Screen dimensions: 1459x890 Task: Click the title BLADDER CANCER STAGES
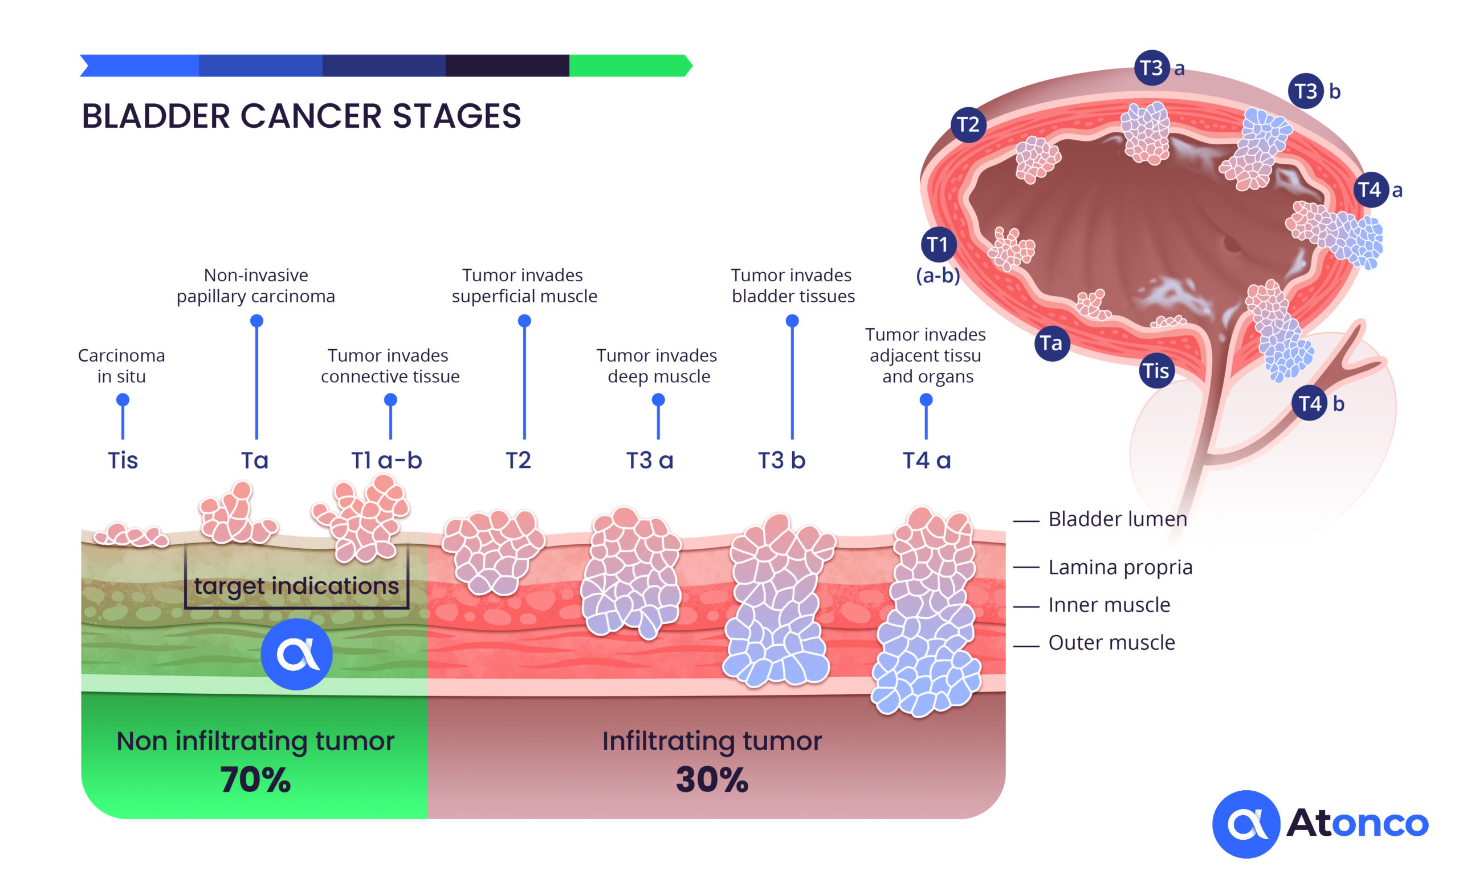point(301,116)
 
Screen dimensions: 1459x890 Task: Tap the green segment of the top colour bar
point(630,66)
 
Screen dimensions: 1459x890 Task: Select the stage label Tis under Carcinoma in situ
point(123,460)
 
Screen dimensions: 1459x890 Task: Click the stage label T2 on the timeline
point(518,460)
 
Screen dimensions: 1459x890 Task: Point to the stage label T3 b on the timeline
point(781,460)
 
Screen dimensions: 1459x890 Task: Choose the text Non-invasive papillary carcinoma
point(256,286)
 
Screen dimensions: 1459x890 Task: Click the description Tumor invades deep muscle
point(657,366)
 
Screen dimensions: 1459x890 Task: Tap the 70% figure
point(255,779)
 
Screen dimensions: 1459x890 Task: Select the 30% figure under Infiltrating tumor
point(712,779)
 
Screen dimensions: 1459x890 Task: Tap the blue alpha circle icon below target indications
point(297,654)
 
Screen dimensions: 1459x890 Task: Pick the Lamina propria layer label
point(1120,567)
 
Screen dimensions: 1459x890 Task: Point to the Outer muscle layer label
point(1111,642)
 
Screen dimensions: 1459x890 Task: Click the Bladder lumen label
point(1118,519)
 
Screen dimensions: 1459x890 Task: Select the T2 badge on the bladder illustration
point(968,124)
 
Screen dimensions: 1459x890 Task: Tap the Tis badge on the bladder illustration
point(1156,370)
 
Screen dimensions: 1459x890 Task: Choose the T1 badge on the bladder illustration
point(939,244)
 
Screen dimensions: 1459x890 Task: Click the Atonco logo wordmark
point(1357,823)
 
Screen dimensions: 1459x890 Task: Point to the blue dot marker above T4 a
point(926,400)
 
